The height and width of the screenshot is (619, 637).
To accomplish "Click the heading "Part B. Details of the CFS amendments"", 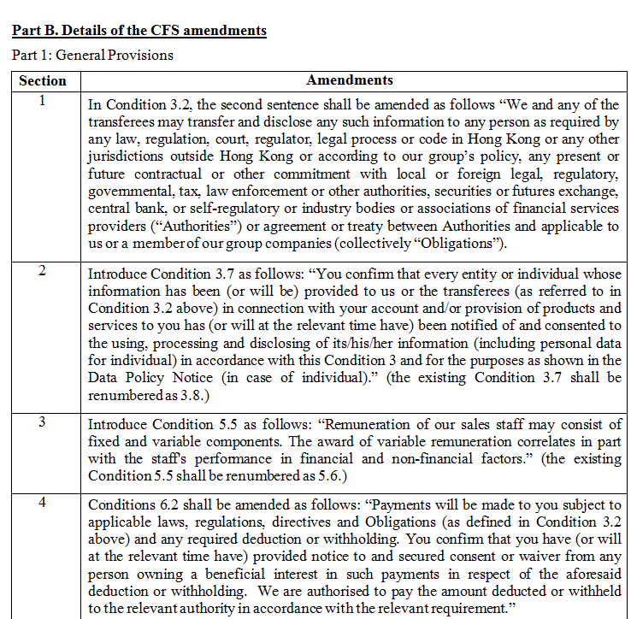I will click(x=139, y=31).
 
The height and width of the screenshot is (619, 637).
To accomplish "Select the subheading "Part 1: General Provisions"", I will click(x=92, y=55).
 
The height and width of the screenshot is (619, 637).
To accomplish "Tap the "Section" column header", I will click(x=42, y=80).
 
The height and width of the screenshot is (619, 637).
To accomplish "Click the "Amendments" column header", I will click(x=350, y=80).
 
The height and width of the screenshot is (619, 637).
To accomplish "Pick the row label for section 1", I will click(x=42, y=100).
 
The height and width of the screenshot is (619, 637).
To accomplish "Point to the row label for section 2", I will click(x=42, y=271).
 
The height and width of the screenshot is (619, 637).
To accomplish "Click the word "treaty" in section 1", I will click(x=404, y=226).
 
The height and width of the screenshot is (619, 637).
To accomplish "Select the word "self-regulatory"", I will click(x=224, y=209).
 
